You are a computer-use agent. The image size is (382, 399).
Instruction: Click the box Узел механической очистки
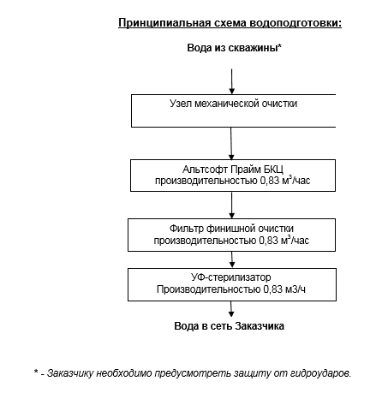click(232, 110)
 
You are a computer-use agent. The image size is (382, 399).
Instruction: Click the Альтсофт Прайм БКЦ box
click(232, 176)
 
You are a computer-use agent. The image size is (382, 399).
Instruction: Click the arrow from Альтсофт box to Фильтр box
click(232, 205)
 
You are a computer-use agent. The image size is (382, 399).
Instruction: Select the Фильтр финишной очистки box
click(232, 235)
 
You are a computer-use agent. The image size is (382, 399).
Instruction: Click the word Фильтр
click(188, 229)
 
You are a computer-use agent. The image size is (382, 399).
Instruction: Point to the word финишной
click(230, 229)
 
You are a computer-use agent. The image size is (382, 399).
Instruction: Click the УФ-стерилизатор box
click(232, 283)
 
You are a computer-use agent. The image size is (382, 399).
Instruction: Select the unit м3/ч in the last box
click(293, 290)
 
